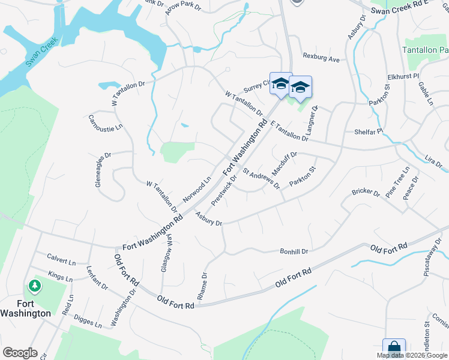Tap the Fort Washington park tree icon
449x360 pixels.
(35, 286)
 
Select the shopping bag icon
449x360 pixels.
(394, 349)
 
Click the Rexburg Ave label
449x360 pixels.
(322, 59)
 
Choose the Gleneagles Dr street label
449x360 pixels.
(103, 170)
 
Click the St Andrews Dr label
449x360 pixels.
(262, 178)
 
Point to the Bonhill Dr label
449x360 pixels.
(294, 251)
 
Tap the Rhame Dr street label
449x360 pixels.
(202, 286)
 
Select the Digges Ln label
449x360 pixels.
(89, 322)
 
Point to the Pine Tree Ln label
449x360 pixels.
(397, 182)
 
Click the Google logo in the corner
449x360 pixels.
(20, 353)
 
